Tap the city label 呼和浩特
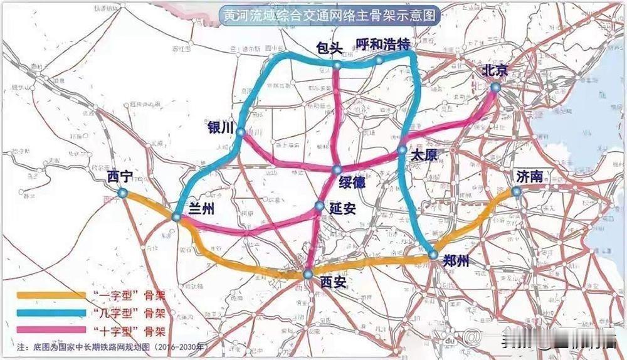point(382,44)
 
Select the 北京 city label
point(494,71)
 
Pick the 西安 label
point(332,282)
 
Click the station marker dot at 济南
point(516,192)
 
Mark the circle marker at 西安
point(308,274)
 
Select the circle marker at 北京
point(495,88)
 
